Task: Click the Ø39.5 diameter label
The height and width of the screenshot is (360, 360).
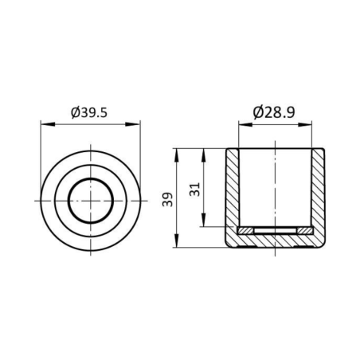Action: pos(89,113)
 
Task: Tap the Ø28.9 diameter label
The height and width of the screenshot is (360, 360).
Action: pos(274,112)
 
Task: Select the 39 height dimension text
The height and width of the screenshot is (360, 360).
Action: pos(167,199)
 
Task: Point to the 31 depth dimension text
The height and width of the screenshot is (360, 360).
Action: pos(194,190)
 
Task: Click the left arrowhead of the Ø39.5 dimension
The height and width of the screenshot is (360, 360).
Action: pos(48,124)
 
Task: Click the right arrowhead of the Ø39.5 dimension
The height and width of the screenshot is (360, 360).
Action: pos(133,124)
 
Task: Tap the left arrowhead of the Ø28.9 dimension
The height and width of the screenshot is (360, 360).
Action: pos(245,124)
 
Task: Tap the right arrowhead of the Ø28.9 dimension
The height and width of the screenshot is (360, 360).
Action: pos(305,124)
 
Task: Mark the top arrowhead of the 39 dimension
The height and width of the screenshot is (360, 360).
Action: pos(177,155)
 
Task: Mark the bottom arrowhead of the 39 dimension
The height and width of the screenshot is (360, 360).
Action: pos(177,241)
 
